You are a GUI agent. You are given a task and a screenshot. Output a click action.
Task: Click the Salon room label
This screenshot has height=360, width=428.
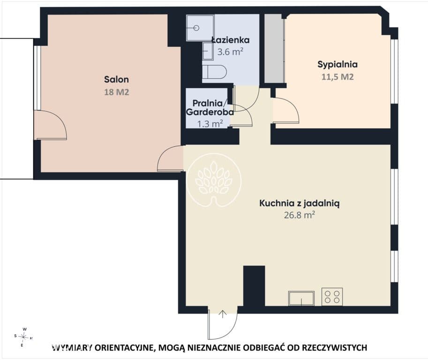116,79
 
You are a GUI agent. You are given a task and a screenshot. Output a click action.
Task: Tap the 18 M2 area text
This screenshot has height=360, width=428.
117,92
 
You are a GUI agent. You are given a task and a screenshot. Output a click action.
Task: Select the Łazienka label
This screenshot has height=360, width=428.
231,40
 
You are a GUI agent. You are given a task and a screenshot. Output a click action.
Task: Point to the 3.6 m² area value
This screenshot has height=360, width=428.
230,52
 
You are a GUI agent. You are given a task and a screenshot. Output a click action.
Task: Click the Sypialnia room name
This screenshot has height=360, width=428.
338,64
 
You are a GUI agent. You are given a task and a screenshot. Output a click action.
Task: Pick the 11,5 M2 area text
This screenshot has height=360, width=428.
338,77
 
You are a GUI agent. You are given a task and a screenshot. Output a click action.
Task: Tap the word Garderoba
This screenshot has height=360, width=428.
210,112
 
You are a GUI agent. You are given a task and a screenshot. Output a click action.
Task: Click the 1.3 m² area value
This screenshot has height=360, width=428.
210,124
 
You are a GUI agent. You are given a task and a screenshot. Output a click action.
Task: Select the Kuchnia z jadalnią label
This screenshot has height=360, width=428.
299,203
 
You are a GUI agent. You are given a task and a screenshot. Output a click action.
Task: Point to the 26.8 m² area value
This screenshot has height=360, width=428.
300,215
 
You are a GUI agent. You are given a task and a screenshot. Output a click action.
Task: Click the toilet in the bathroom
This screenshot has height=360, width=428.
215,72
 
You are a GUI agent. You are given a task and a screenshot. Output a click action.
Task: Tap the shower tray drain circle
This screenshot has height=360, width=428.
196,28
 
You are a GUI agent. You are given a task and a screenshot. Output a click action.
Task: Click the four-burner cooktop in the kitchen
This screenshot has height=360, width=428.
332,297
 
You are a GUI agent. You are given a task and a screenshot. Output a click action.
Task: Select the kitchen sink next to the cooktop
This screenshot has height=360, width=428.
301,298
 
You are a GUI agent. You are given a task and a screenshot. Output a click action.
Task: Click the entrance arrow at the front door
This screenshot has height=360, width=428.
223,314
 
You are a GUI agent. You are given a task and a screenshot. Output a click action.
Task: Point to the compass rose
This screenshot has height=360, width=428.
23,337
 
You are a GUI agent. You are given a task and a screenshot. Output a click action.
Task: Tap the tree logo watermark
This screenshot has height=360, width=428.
214,180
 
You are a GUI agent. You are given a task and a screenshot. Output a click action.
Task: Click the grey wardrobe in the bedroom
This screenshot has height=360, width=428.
275,48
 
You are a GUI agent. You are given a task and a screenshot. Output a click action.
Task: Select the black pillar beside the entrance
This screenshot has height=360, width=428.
254,286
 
